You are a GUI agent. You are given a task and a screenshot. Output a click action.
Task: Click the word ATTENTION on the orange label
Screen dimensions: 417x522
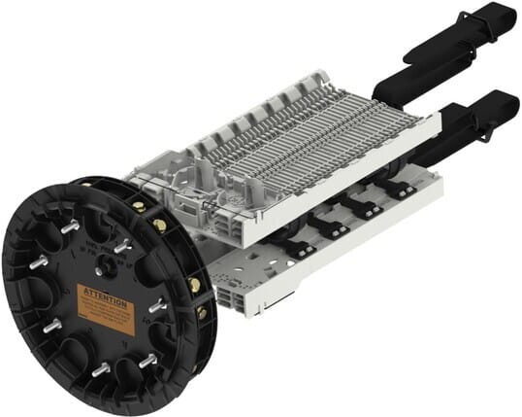click(x=104, y=291)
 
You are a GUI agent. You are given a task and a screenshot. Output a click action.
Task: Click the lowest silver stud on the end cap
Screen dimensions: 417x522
click(x=102, y=369)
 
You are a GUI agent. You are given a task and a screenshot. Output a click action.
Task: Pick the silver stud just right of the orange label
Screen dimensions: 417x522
click(x=154, y=307)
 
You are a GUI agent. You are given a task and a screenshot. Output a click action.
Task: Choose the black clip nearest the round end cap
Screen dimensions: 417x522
click(x=294, y=247)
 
